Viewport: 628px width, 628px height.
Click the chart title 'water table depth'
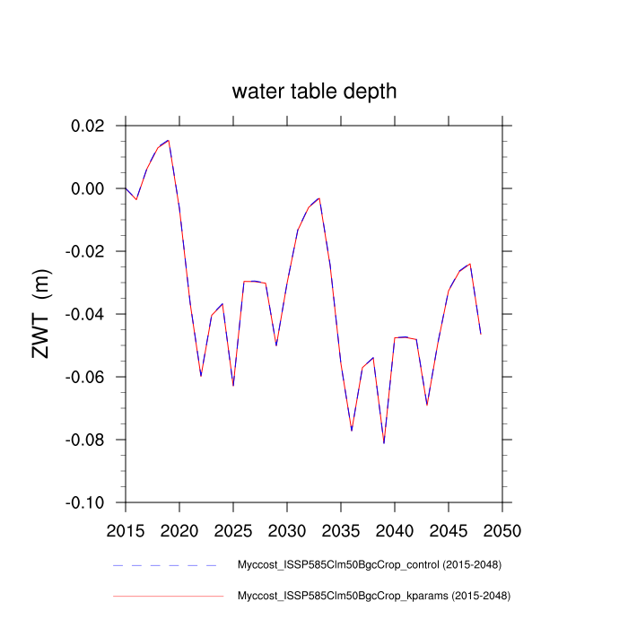314,92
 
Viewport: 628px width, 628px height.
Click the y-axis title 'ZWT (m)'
42,314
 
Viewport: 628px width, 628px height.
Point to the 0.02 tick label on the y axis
87,126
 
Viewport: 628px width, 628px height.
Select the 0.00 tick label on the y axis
87,188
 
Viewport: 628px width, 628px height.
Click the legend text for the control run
369,565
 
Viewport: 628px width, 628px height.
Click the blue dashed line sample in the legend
167,565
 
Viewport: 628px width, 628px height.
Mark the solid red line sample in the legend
167,596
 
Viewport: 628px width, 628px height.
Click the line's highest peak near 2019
169,140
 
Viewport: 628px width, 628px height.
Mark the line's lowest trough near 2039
384,442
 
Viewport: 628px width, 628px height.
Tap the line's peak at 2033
319,198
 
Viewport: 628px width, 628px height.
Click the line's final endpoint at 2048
481,333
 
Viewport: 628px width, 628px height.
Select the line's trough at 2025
233,385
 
